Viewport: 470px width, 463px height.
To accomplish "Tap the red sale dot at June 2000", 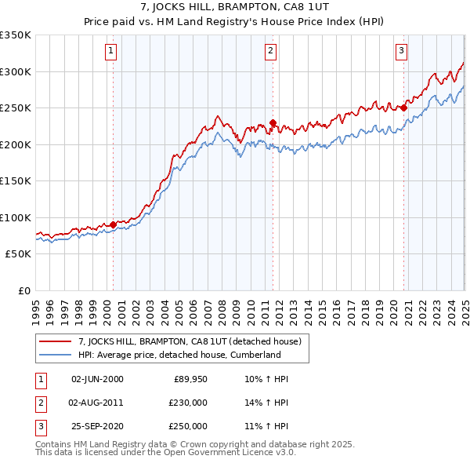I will [113, 224].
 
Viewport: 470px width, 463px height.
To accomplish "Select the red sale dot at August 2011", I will [273, 122].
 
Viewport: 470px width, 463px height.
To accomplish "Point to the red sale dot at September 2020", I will [404, 108].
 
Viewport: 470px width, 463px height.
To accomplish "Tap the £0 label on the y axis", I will [22, 290].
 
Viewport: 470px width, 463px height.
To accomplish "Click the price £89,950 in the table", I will [190, 379].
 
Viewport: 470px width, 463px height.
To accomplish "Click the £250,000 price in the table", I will [189, 426].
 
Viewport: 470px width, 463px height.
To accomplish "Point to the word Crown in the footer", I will [208, 444].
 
